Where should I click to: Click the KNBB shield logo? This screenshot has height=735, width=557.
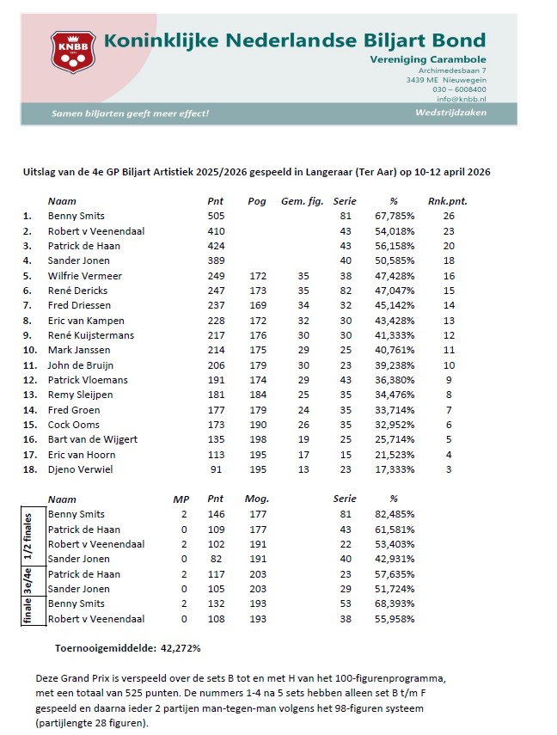point(73,52)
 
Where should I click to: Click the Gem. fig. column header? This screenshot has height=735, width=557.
point(302,200)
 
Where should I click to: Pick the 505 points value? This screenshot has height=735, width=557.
point(216,216)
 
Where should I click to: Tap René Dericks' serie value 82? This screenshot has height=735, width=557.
point(346,291)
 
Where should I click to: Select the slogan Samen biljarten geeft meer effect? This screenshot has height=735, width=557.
point(130,113)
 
